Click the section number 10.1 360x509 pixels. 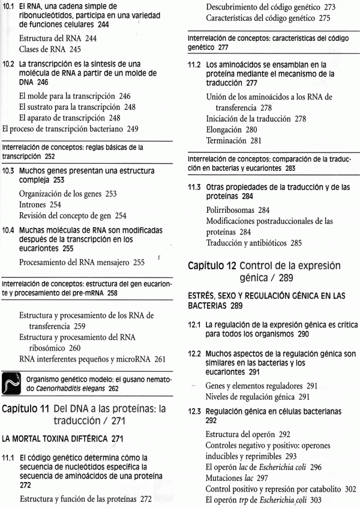pyautogui.click(x=9, y=8)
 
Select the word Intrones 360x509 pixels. pyautogui.click(x=35, y=204)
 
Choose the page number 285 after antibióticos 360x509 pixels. pyautogui.click(x=300, y=244)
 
